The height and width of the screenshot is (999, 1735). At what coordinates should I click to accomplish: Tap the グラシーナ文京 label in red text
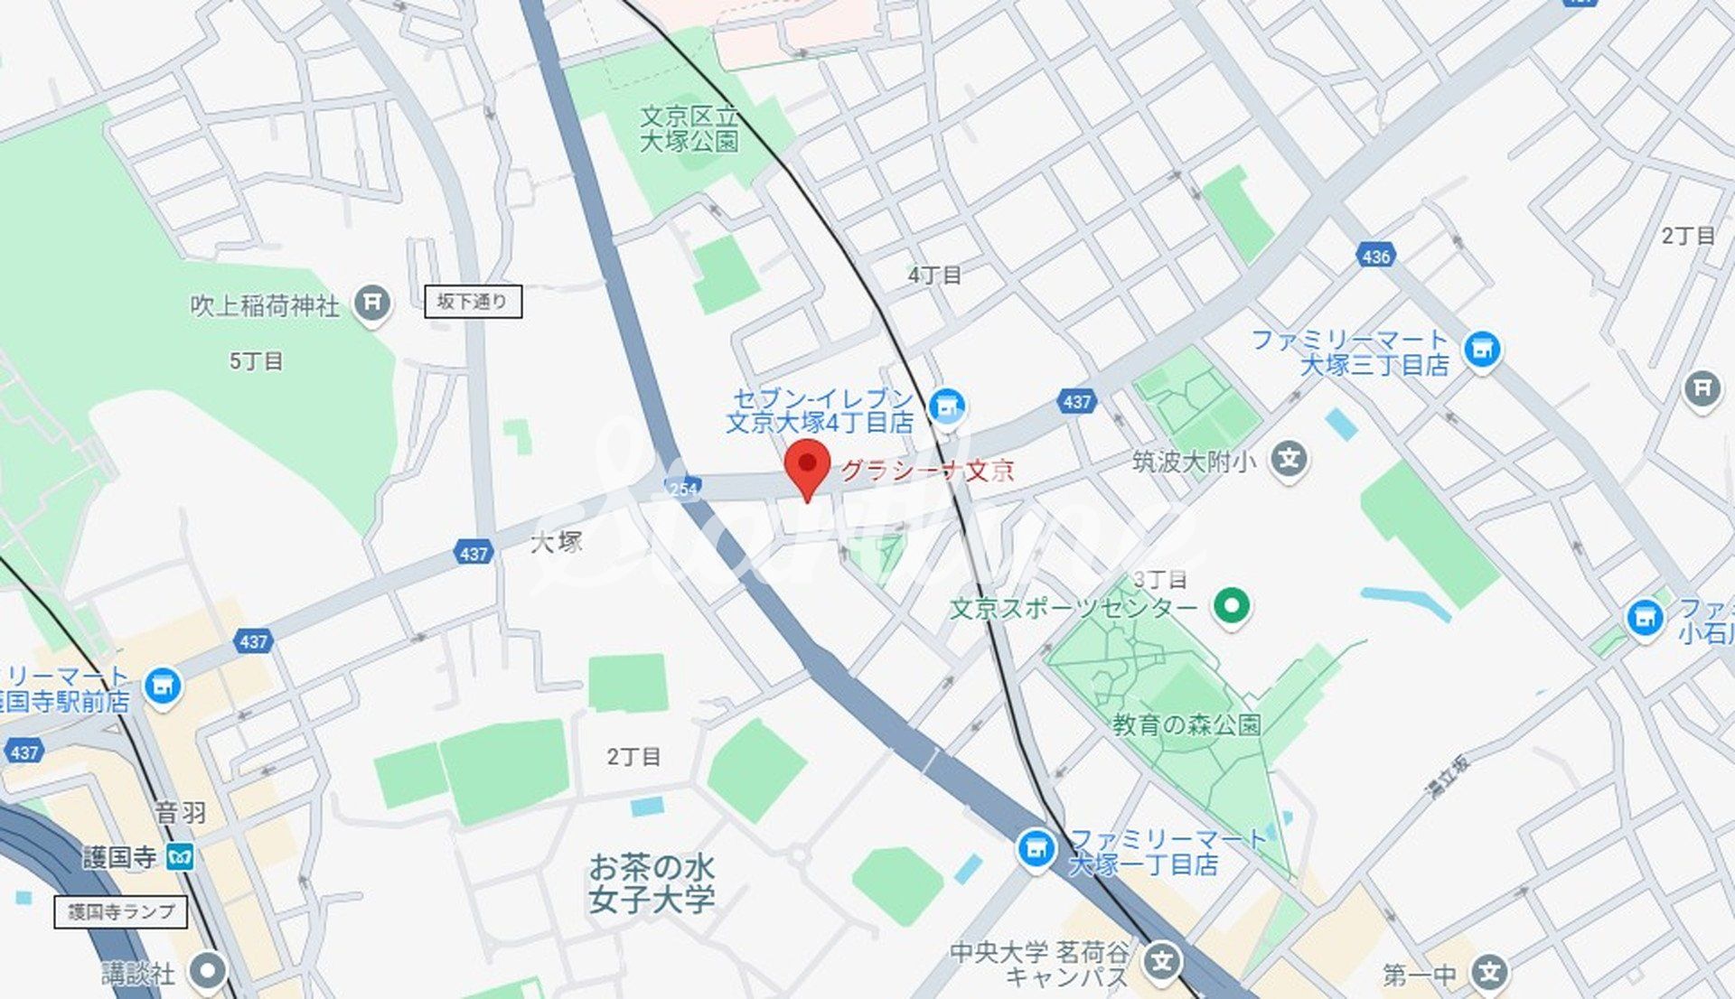(x=928, y=471)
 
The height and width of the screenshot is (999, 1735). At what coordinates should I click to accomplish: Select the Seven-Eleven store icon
(x=946, y=406)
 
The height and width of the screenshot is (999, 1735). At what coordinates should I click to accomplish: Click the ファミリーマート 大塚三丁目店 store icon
(x=1482, y=349)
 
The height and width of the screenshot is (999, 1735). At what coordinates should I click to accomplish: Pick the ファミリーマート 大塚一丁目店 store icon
(x=1036, y=848)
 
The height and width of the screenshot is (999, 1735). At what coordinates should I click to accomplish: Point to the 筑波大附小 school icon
(x=1289, y=460)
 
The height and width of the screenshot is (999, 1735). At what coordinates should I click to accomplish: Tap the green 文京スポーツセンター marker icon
(x=1231, y=604)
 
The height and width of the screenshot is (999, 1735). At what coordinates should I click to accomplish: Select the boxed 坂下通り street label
(x=473, y=302)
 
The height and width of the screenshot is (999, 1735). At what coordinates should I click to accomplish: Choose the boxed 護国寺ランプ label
(x=121, y=911)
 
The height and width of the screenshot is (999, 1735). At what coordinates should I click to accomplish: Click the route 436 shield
(x=1375, y=257)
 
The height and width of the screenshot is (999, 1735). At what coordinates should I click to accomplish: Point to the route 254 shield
(x=683, y=489)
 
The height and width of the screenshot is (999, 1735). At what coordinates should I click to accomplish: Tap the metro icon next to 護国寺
(x=180, y=856)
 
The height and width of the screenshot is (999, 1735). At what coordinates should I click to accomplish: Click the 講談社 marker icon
(x=208, y=972)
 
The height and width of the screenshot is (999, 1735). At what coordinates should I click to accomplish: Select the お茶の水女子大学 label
(x=652, y=883)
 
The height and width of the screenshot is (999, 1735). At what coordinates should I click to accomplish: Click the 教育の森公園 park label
(x=1186, y=724)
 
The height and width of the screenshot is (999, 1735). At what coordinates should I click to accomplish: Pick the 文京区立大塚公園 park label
(x=689, y=128)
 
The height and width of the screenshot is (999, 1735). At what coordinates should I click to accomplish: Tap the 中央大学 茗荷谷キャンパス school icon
(x=1162, y=961)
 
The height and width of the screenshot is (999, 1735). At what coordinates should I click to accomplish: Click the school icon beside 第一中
(x=1489, y=973)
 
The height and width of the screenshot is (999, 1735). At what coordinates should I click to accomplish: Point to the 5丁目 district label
(x=256, y=361)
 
